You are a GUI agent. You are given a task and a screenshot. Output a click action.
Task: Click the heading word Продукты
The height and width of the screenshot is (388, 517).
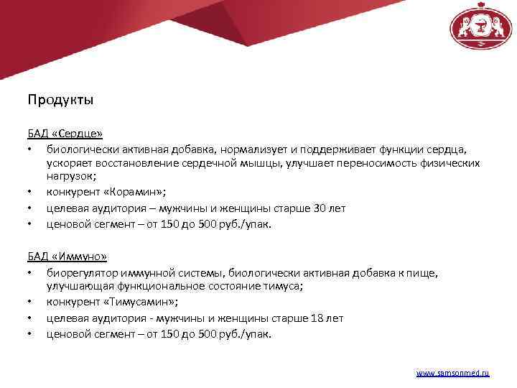point(60,99)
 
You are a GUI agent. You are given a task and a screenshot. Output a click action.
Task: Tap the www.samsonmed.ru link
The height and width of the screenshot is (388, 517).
point(452,374)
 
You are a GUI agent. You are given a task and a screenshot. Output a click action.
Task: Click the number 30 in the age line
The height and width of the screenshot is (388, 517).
point(320,208)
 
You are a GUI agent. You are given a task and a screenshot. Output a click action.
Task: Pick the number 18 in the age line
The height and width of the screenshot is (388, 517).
point(318,318)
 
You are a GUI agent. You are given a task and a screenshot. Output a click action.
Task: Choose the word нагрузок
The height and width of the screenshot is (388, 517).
point(69,175)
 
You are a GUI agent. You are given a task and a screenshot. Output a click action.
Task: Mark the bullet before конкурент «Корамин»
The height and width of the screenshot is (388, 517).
point(29,193)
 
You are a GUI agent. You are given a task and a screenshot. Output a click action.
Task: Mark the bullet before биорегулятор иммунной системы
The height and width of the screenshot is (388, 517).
point(29,272)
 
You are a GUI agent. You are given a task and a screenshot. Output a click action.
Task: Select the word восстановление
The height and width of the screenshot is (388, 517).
point(131,162)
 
